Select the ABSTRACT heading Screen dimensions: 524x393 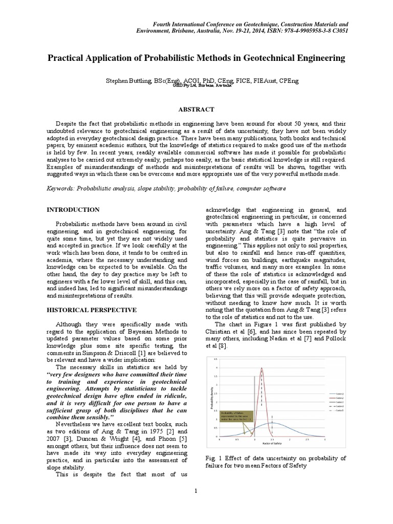(196, 110)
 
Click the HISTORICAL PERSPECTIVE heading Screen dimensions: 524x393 (92, 310)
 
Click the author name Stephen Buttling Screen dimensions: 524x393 (127, 80)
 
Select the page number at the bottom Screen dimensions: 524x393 (196, 491)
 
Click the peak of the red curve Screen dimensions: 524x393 (263, 368)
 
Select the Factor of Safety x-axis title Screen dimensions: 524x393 (271, 444)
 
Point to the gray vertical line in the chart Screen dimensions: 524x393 (254, 404)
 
